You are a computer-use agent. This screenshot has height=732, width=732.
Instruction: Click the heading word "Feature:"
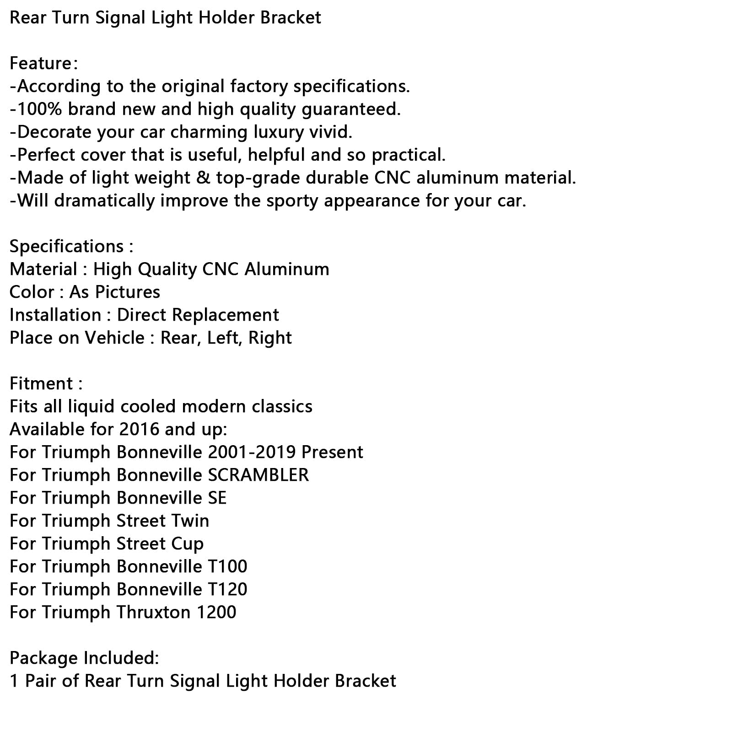[x=43, y=64]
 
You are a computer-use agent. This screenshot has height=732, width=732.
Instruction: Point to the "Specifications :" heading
[x=71, y=247]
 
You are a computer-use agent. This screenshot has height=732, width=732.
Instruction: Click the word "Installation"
[x=55, y=315]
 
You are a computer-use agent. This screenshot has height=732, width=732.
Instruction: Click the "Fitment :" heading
[x=46, y=384]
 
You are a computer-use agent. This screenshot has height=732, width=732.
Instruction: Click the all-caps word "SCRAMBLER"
[x=258, y=475]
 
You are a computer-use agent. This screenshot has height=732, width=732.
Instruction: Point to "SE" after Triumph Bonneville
[x=217, y=498]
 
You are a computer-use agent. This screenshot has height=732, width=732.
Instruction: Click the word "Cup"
[x=187, y=544]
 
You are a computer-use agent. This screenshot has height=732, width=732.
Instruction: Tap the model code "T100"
[x=227, y=567]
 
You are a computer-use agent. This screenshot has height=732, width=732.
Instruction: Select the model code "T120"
[x=227, y=590]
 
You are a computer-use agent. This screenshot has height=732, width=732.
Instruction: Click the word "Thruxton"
[x=153, y=613]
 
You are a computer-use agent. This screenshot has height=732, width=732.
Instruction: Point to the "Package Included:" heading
[x=84, y=658]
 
